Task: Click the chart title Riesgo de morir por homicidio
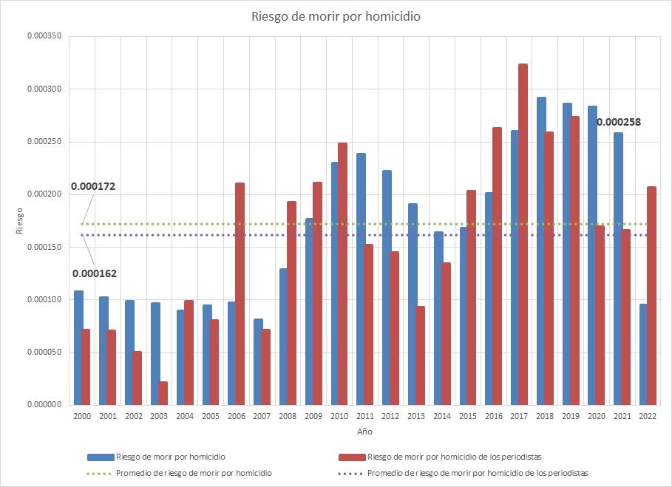336,16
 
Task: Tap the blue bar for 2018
541,251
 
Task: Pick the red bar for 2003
163,393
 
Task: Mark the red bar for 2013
420,355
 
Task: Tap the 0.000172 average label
93,187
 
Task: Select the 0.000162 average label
94,273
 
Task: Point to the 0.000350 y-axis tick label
45,36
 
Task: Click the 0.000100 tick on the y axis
45,300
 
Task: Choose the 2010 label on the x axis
339,417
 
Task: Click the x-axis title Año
365,430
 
